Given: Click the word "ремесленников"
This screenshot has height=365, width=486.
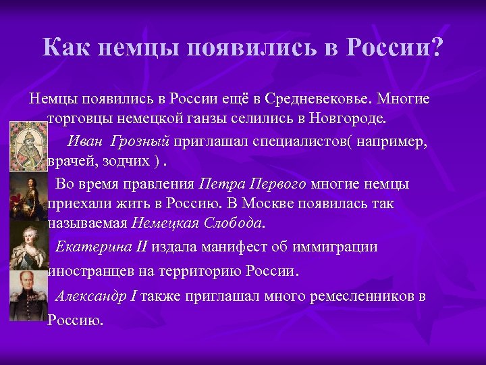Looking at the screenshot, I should point(361,295).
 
